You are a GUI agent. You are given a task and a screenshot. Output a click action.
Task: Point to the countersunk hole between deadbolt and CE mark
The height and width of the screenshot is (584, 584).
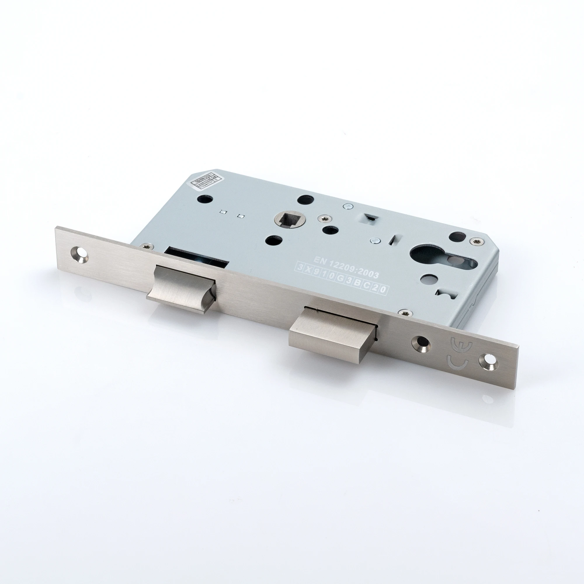pyautogui.click(x=420, y=343)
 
